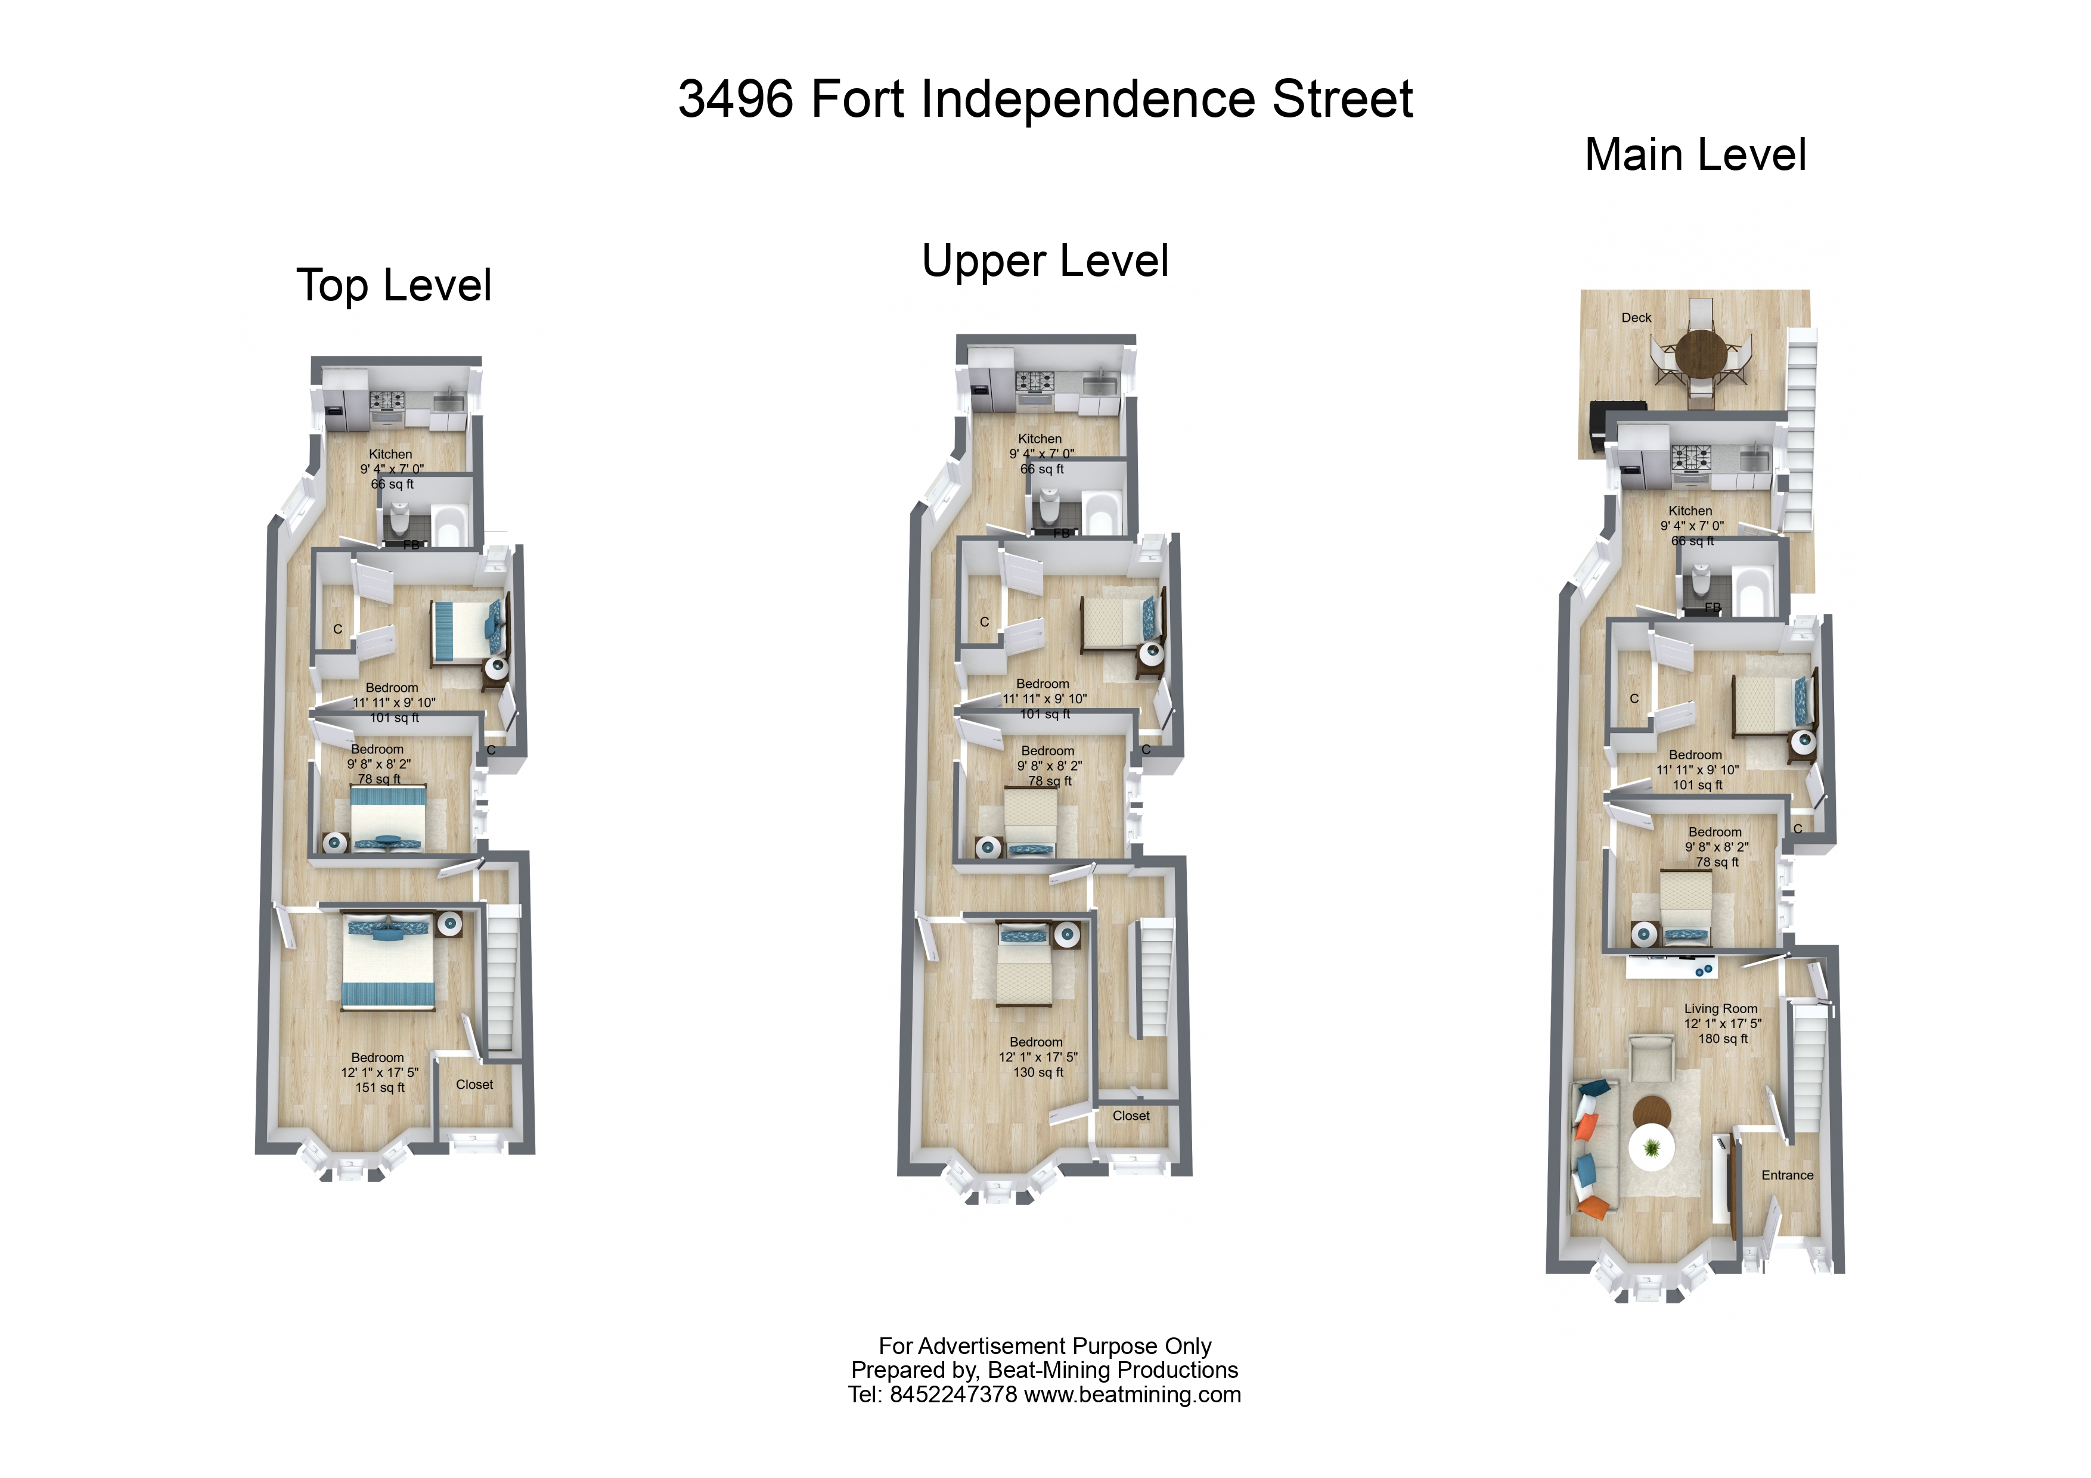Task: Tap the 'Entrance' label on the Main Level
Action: (x=1787, y=1176)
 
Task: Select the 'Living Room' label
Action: (x=1720, y=1009)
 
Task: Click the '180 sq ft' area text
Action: (x=1722, y=1039)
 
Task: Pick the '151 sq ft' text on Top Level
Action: (x=380, y=1087)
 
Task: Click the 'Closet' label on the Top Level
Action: (x=474, y=1085)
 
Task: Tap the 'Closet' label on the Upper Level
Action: (x=1131, y=1116)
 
